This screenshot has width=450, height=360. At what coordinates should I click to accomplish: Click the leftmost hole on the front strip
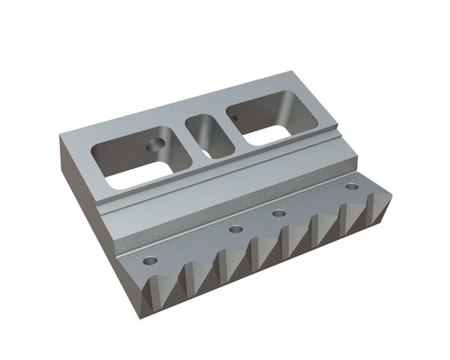(150, 261)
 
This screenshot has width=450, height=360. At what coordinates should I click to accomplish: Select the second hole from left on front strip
(236, 229)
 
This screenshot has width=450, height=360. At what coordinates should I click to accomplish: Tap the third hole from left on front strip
(278, 214)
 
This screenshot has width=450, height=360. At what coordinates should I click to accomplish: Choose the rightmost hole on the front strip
(351, 185)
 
